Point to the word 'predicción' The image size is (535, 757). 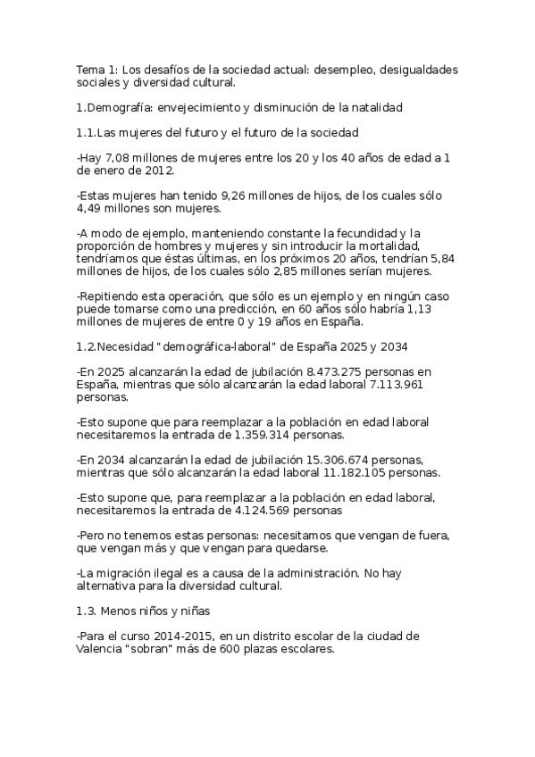(237, 308)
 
